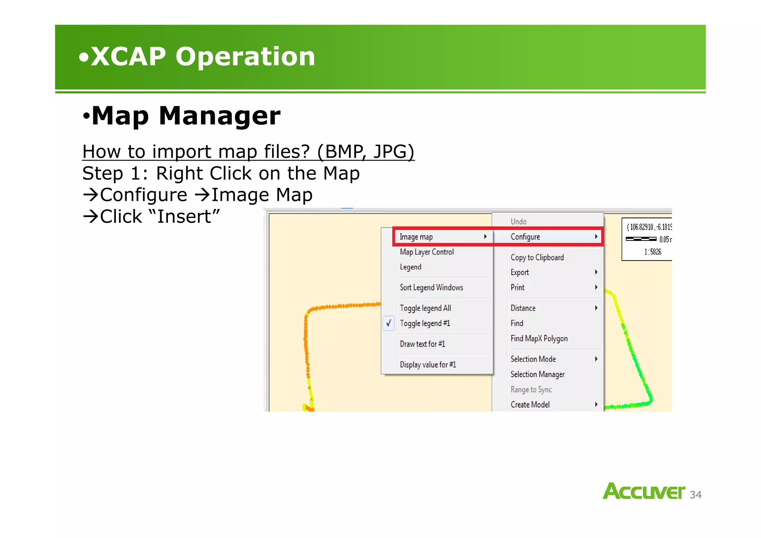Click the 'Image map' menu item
pos(416,237)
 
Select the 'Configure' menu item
pos(525,237)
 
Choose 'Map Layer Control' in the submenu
pos(427,252)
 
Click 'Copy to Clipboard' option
pos(537,257)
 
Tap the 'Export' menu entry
pos(519,272)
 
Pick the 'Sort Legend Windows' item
pos(431,287)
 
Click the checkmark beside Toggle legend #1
pos(388,323)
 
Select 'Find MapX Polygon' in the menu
pos(539,338)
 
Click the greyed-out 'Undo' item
pos(518,222)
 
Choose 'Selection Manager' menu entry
pos(537,374)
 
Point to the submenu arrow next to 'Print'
pos(596,287)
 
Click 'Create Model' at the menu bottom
pos(530,405)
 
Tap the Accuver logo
pos(644,491)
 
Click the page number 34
pos(695,495)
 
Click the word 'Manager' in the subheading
pos(219,116)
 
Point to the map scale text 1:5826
pos(652,252)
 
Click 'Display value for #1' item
pos(428,365)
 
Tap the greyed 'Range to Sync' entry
pos(531,389)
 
